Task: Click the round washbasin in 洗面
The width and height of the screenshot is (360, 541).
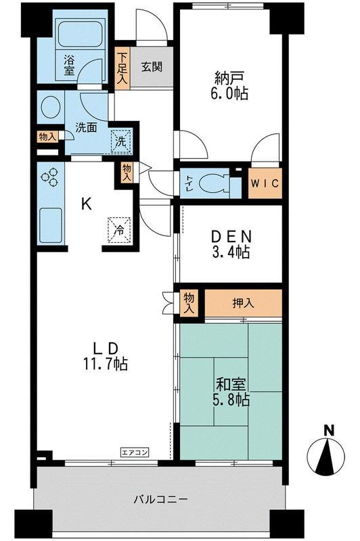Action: click(50, 109)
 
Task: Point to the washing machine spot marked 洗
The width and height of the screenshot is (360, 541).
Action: click(120, 141)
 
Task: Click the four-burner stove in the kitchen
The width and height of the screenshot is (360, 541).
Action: click(50, 177)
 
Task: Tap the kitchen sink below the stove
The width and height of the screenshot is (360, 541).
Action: click(50, 224)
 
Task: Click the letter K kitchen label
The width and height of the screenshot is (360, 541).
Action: click(86, 204)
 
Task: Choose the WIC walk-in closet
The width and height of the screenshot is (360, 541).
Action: click(265, 184)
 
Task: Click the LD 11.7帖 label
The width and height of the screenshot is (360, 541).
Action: click(106, 356)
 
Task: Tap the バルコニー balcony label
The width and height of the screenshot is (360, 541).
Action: click(160, 500)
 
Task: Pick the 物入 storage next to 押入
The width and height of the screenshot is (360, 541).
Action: click(189, 302)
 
